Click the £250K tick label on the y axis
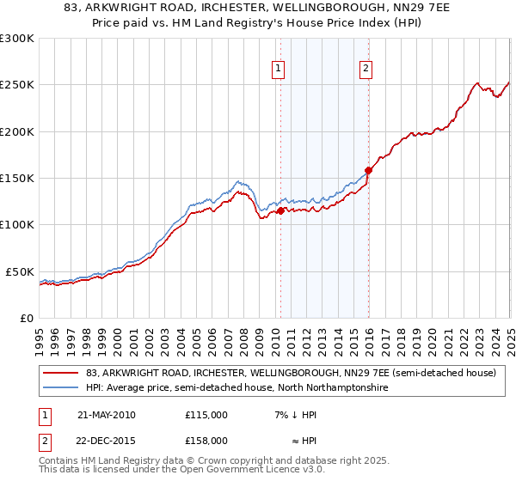pos(17,85)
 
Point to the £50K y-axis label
pos(21,271)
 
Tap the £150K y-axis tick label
pos(17,179)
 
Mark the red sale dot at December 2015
pos(368,170)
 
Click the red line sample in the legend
pos(61,374)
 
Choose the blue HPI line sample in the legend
pos(61,388)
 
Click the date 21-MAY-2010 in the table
pos(107,415)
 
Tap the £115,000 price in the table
pos(206,415)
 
